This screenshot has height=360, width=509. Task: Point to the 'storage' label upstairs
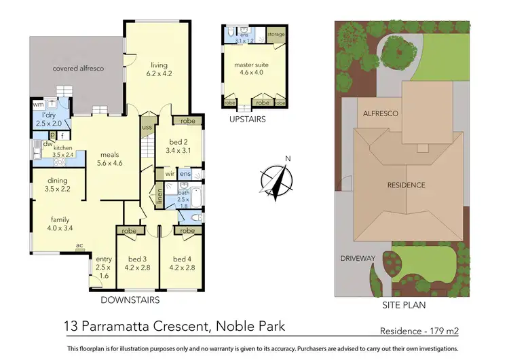[x=276, y=33]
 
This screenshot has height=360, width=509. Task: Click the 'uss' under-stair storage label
[x=147, y=127]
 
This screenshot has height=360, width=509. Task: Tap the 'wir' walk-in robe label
[x=170, y=174]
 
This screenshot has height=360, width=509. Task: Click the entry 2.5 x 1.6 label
[x=104, y=267]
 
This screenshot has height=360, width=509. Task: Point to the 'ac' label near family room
[x=79, y=245]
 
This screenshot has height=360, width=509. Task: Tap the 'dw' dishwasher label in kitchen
[x=48, y=144]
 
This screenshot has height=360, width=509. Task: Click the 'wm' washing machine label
[x=38, y=105]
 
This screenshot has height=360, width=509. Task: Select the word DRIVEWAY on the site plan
[x=358, y=258]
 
